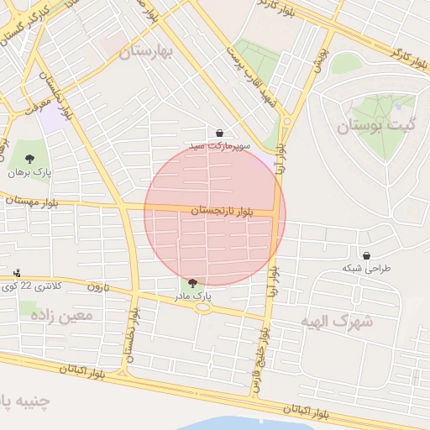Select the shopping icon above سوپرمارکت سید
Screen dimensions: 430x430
click(x=219, y=133)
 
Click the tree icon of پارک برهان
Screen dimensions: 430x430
click(x=30, y=158)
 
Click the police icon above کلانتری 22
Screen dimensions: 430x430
click(x=17, y=274)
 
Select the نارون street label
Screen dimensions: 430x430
click(x=97, y=286)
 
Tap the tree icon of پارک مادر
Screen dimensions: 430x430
click(x=193, y=284)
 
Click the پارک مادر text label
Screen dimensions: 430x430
click(x=193, y=296)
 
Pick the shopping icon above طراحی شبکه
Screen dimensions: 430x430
click(x=366, y=255)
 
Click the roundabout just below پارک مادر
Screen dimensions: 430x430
click(x=202, y=307)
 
